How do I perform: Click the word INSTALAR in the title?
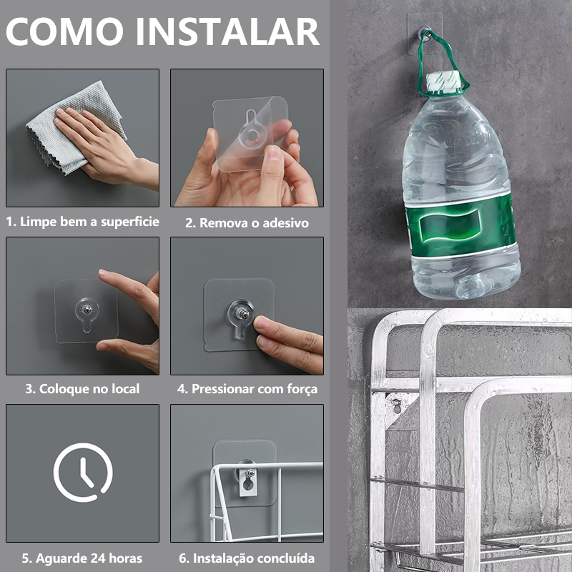[x=232, y=33]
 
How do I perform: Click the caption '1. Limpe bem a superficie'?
[x=82, y=222]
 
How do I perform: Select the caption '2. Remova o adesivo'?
[x=247, y=222]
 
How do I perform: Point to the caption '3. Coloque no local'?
[x=82, y=389]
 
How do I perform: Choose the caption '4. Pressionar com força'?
[x=247, y=389]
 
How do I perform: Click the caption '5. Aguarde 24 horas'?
[x=82, y=558]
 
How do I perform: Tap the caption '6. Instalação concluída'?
[x=247, y=558]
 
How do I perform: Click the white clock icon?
[x=83, y=473]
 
